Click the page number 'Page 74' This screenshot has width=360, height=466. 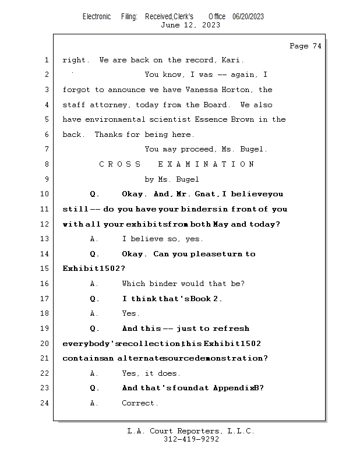(x=305, y=46)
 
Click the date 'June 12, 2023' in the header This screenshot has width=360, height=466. (x=190, y=25)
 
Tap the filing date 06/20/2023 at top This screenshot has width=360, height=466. (x=248, y=16)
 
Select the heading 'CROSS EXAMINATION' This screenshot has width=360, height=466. (x=177, y=164)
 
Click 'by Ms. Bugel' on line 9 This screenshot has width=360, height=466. (x=172, y=179)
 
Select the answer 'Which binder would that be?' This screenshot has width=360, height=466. (x=183, y=284)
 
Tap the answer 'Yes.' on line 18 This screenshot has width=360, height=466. (x=130, y=313)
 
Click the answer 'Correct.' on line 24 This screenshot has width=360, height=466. (x=140, y=403)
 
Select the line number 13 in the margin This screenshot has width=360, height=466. (x=45, y=239)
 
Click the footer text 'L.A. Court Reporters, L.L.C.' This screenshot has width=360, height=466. (x=190, y=431)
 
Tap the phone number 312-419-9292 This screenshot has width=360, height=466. (x=190, y=439)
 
